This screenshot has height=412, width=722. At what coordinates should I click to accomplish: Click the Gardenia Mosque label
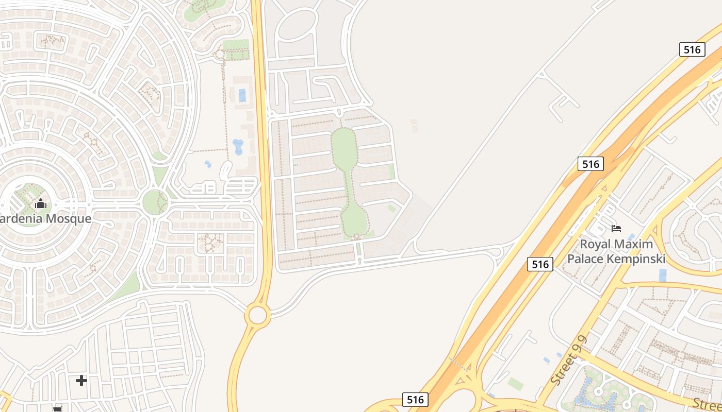click(45, 218)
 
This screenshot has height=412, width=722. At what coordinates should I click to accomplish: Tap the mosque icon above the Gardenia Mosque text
click(41, 204)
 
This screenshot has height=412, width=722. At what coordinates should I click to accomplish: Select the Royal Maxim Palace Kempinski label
click(616, 251)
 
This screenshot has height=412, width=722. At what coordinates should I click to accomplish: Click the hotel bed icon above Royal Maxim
click(616, 228)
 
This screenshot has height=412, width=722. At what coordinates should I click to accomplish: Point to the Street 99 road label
click(569, 360)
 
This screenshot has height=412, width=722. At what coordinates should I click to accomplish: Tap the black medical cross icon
click(81, 381)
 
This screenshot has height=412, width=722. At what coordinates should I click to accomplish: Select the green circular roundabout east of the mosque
click(155, 202)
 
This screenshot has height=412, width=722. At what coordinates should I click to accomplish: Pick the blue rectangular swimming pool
click(242, 95)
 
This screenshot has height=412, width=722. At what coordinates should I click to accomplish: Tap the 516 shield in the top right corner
click(692, 49)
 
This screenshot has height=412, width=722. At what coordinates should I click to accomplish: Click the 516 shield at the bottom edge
click(415, 400)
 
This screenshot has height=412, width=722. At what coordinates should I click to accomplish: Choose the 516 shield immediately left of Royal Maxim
click(540, 264)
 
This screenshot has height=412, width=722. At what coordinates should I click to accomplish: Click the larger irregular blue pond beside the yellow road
click(239, 147)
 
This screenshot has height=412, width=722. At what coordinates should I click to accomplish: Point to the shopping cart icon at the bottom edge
click(58, 409)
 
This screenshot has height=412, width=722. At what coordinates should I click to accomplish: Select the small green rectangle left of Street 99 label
click(515, 384)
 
